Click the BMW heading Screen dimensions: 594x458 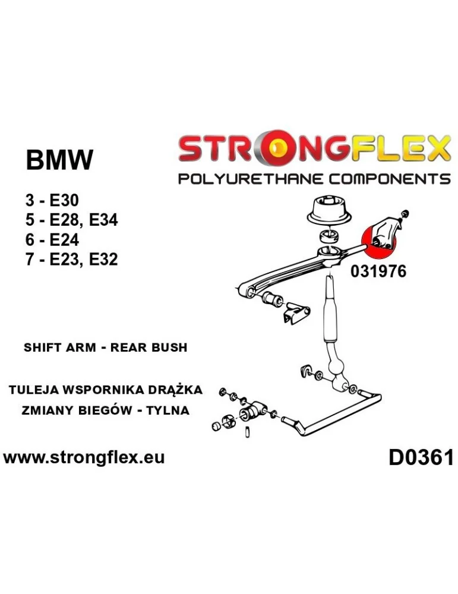(59, 160)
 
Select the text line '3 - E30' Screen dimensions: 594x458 (52, 201)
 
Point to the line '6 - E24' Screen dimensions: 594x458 (52, 240)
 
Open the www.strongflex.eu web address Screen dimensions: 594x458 (84, 457)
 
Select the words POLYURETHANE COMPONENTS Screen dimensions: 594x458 (314, 179)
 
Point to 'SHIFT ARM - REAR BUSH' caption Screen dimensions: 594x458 (105, 347)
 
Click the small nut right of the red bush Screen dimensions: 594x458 (405, 214)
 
